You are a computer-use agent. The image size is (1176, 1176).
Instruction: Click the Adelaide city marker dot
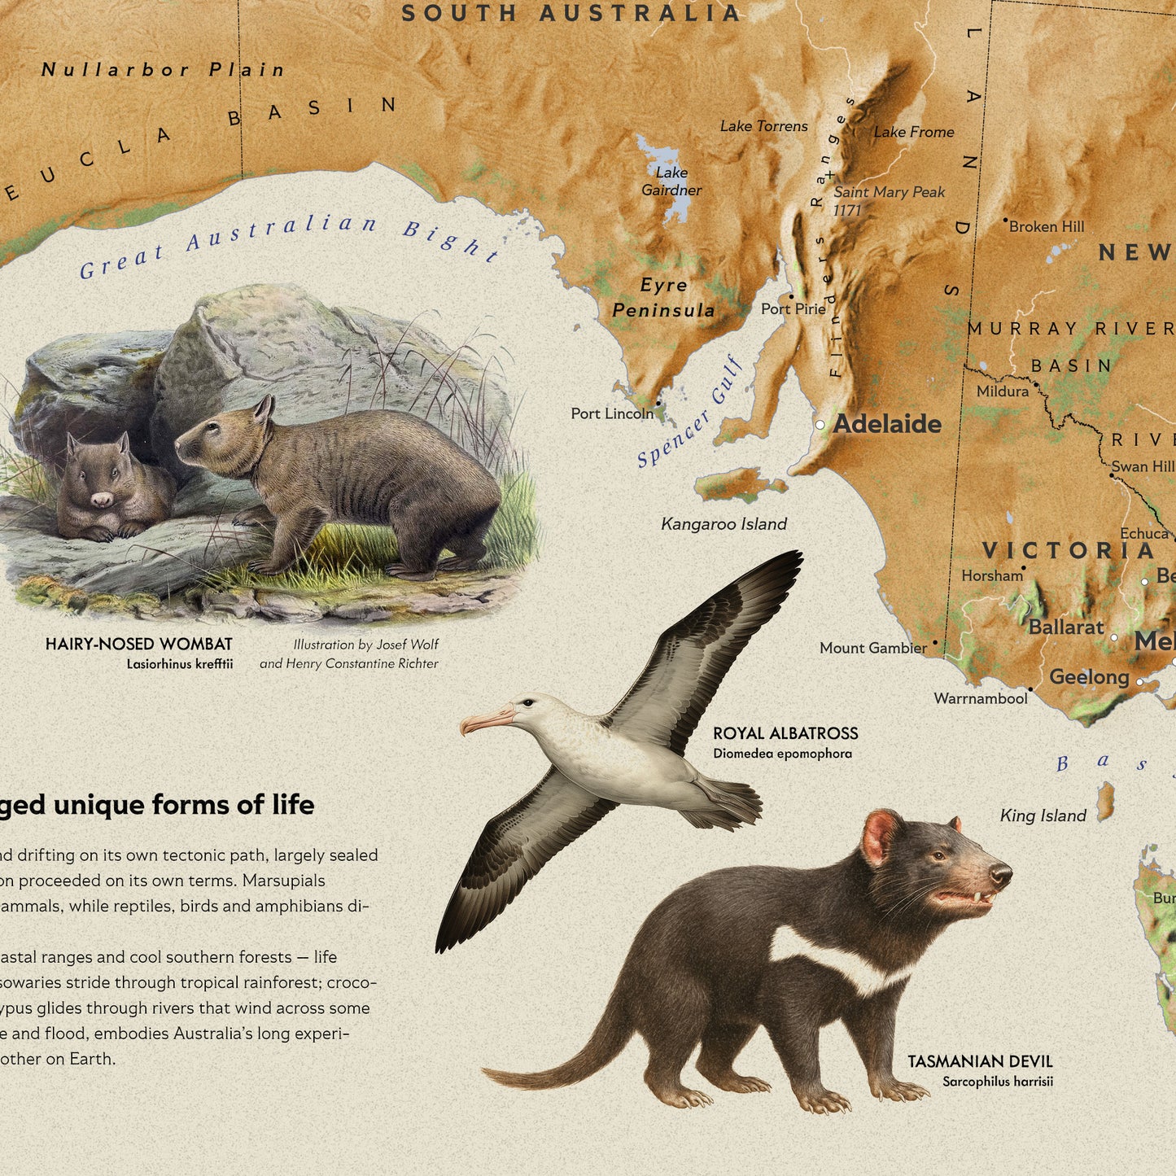[820, 425]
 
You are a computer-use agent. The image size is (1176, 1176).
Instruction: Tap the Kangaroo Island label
[724, 524]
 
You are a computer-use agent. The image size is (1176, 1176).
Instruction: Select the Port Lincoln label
[612, 413]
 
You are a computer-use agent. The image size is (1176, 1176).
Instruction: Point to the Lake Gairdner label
[671, 181]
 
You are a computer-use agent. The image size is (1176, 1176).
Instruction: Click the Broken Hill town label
[1047, 227]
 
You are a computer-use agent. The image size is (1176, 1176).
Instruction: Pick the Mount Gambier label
[873, 648]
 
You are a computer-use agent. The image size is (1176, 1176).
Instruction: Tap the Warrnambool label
[981, 698]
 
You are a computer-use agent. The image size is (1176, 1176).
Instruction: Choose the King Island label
[1043, 815]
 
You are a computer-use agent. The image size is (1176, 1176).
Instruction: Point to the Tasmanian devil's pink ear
[880, 837]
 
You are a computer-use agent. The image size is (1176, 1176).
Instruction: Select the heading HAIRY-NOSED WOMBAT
[139, 645]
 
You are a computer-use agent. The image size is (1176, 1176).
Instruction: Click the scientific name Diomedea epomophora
[782, 754]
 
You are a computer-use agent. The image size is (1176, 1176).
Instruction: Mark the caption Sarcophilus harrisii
[998, 1082]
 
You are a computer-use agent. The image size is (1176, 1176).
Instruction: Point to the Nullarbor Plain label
[163, 70]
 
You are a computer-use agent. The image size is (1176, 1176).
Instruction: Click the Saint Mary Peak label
[889, 193]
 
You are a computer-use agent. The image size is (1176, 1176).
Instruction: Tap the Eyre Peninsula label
[663, 297]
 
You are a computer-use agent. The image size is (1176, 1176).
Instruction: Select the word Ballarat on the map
[1066, 627]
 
